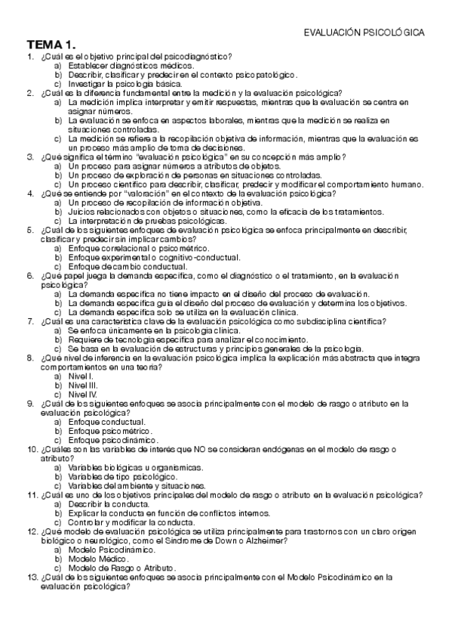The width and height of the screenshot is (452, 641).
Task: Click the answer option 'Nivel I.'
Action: point(81,376)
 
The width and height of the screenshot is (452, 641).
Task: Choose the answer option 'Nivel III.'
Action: point(82,385)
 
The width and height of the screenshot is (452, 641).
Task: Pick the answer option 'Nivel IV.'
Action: point(82,394)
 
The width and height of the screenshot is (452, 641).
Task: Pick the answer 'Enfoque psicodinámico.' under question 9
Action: point(113,439)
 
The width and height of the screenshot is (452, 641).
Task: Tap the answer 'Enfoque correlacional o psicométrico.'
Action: point(138,248)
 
